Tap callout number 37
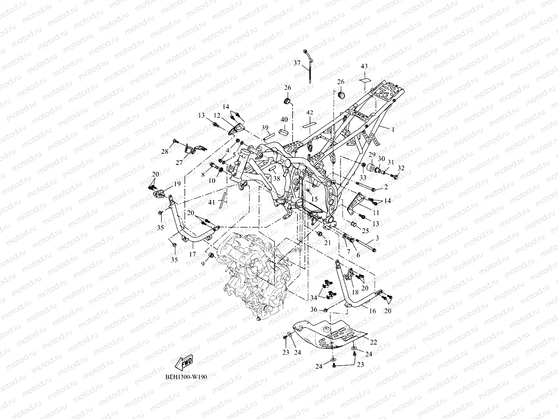click(x=307, y=63)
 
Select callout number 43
click(x=364, y=66)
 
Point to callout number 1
click(x=393, y=130)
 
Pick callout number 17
click(x=193, y=255)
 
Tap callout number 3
click(x=377, y=238)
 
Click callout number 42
click(x=310, y=112)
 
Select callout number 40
click(x=284, y=119)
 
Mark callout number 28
click(x=165, y=151)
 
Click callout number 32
click(x=401, y=168)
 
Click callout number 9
click(x=202, y=264)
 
